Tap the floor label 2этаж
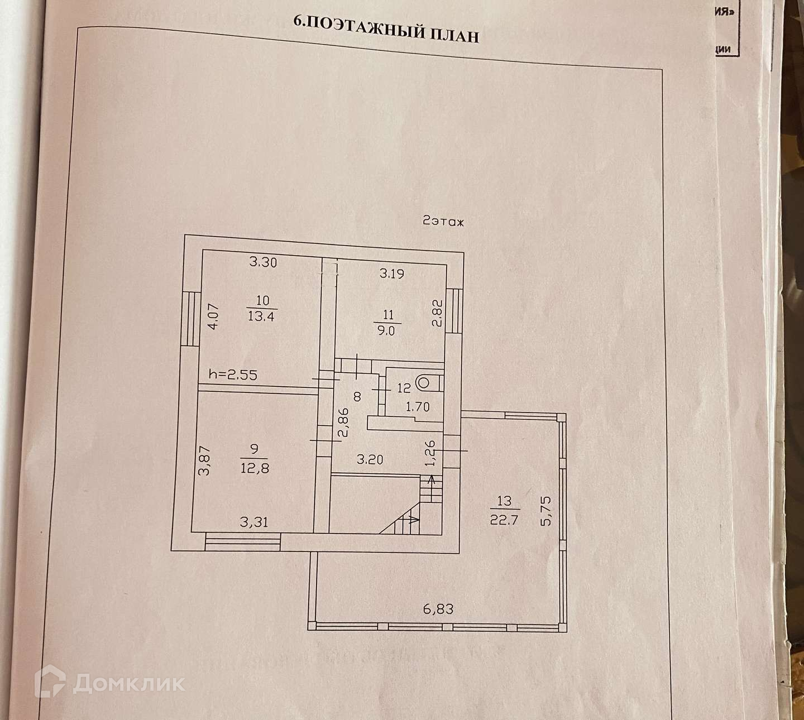(443, 222)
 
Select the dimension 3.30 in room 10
(263, 262)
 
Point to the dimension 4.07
(213, 316)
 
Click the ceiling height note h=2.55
(233, 375)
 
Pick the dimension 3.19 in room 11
(391, 273)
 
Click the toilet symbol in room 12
(424, 382)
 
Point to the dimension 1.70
(418, 407)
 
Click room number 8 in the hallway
(357, 396)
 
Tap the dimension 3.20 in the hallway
(370, 460)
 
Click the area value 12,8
(255, 468)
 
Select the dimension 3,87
(205, 460)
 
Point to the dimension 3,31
(253, 522)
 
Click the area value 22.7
(504, 520)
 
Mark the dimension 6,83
(438, 609)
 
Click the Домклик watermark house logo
(50, 682)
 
